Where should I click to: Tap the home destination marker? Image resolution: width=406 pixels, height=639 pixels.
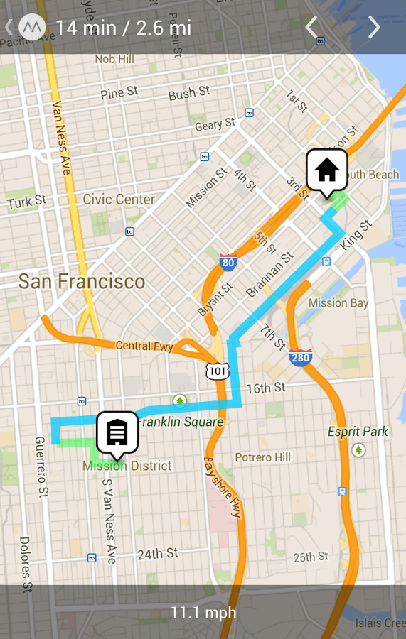tap(326, 170)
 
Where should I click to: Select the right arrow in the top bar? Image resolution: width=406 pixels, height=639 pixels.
tap(374, 28)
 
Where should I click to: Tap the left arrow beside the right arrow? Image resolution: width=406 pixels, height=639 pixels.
tap(311, 28)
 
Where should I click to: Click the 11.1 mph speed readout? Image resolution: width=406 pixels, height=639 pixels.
tap(203, 612)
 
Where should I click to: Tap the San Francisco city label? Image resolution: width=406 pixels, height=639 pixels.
tap(82, 282)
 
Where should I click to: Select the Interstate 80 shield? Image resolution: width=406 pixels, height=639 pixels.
tap(228, 263)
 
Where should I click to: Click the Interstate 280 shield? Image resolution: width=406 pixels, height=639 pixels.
tap(300, 357)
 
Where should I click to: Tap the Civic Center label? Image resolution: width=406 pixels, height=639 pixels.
tap(119, 200)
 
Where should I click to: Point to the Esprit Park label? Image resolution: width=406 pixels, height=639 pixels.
tap(358, 432)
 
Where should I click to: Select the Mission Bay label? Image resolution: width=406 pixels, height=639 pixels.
tap(338, 303)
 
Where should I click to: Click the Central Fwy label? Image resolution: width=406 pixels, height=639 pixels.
tap(144, 346)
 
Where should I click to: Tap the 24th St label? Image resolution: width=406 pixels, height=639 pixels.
tap(158, 553)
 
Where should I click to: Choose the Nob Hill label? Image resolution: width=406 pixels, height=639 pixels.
tap(114, 59)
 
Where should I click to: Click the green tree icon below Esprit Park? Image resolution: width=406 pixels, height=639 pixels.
tap(358, 450)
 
